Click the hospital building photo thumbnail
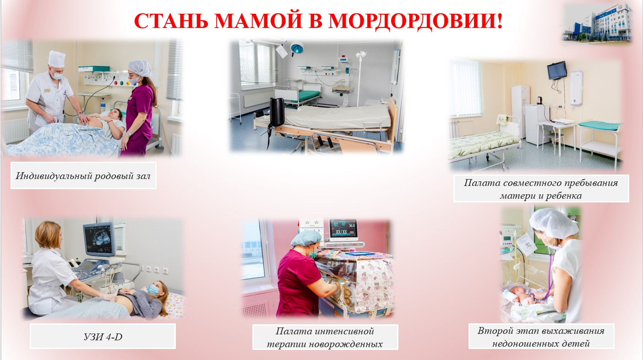(597, 23)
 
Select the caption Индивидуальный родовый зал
(83, 176)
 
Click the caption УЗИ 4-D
(103, 337)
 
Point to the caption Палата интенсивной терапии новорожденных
(325, 337)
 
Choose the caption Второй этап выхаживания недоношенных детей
(541, 337)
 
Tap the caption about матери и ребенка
(541, 189)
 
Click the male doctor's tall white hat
(56, 59)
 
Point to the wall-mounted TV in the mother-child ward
(557, 71)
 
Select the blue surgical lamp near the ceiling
(297, 47)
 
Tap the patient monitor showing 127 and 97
(343, 229)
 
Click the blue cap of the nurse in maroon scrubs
(306, 238)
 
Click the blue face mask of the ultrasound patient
(153, 289)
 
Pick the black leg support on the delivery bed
(277, 112)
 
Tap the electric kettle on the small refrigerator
(539, 100)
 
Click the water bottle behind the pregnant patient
(103, 105)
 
